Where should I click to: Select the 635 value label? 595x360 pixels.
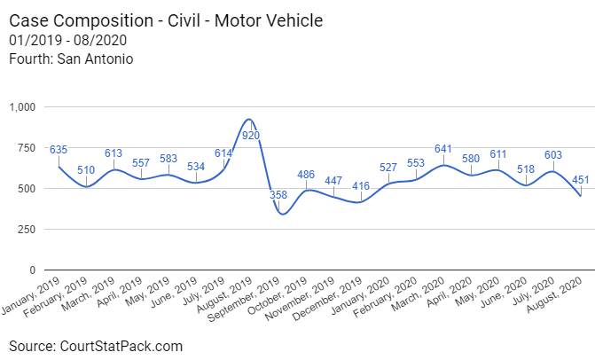click(59, 149)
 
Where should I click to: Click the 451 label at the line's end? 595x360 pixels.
click(582, 179)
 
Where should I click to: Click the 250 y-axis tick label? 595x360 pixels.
click(27, 229)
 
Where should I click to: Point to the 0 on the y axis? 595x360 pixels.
click(34, 270)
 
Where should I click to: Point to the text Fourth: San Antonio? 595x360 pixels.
click(71, 59)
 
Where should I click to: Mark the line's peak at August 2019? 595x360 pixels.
click(251, 120)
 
